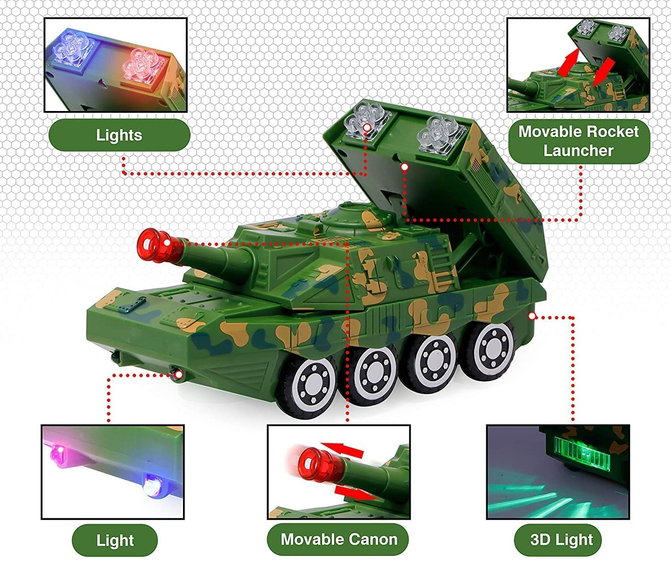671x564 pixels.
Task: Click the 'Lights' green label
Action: [x=119, y=135]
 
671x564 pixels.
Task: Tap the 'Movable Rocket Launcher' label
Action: [x=579, y=141]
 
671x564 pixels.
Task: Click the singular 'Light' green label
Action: [x=115, y=540]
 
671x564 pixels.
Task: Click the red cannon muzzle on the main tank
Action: [x=154, y=245]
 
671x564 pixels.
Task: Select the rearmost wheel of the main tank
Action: [x=492, y=350]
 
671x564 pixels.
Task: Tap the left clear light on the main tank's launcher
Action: [x=365, y=121]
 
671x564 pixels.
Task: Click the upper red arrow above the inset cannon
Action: [x=343, y=450]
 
